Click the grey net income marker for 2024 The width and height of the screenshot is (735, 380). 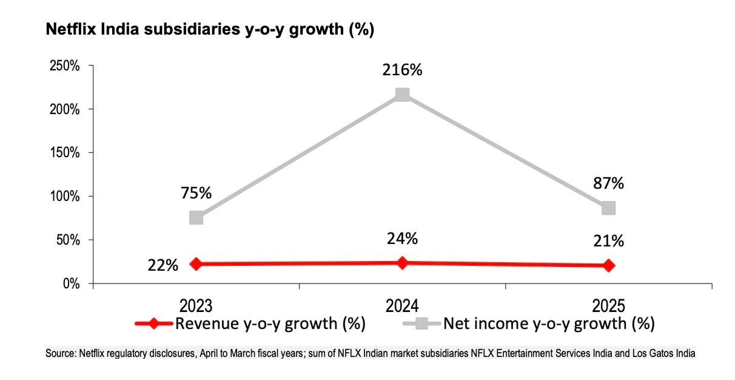(x=402, y=95)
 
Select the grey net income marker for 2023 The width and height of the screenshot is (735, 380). (x=196, y=217)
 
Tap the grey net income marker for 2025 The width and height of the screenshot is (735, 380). (x=608, y=208)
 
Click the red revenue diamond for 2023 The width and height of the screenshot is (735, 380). (x=196, y=264)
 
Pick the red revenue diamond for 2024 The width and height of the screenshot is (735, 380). (x=402, y=262)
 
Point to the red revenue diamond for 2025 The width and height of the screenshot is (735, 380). (x=608, y=265)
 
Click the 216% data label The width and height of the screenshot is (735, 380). (x=402, y=70)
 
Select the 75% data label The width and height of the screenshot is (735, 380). (x=196, y=193)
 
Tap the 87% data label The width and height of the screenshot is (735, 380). (x=608, y=183)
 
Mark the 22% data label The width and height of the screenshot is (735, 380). (x=163, y=265)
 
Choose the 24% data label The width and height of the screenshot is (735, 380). (x=402, y=239)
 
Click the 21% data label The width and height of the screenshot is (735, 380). (x=608, y=241)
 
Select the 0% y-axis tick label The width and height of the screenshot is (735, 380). (x=72, y=283)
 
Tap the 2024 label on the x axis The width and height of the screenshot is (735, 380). (x=402, y=305)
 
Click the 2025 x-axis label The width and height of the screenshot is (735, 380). (x=608, y=305)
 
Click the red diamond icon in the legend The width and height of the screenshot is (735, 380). (x=154, y=324)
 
